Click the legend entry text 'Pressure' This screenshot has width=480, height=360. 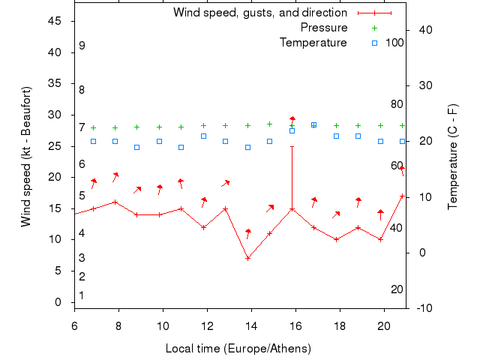[x=324, y=28]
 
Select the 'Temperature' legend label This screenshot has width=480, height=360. [x=313, y=43]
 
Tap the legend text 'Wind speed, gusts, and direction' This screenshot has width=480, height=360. [x=260, y=13]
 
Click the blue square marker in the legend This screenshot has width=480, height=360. [x=375, y=43]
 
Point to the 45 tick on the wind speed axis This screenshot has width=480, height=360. [x=55, y=21]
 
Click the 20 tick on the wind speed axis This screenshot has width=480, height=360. [x=55, y=177]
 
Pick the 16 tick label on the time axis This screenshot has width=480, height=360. [x=295, y=326]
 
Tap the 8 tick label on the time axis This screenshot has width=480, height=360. [x=118, y=326]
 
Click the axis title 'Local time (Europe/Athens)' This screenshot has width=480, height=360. [x=238, y=349]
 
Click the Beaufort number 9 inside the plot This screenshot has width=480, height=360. [x=82, y=46]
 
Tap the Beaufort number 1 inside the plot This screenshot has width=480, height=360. [x=82, y=295]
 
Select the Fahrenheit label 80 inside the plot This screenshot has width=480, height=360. [x=397, y=104]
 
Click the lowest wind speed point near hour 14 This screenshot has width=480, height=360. [x=247, y=258]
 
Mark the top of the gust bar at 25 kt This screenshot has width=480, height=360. [x=292, y=146]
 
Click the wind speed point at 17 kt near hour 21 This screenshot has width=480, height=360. [x=403, y=196]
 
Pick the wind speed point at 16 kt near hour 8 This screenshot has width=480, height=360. [x=115, y=202]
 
